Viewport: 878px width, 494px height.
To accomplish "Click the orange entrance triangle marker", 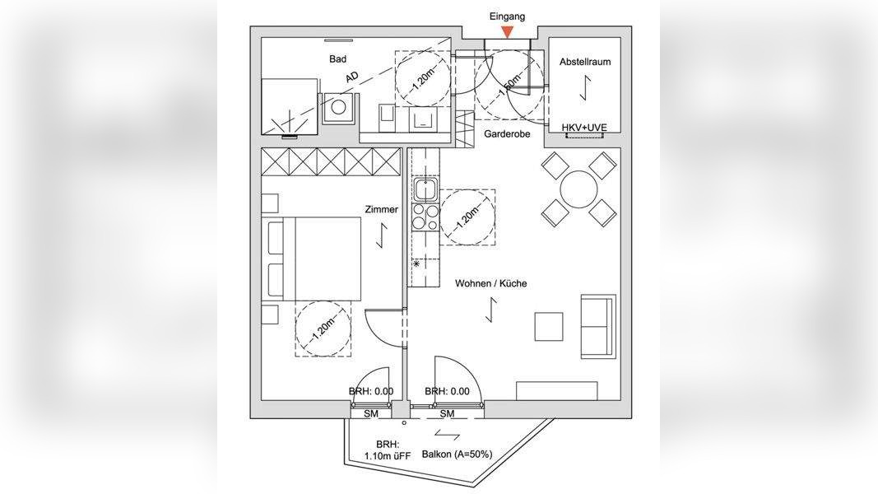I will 508,32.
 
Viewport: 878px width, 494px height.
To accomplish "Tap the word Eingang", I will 507,16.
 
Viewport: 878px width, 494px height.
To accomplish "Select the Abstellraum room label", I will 585,62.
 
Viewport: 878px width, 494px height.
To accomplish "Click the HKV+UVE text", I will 584,128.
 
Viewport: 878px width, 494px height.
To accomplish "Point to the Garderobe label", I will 507,133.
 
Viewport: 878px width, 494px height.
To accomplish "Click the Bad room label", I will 337,59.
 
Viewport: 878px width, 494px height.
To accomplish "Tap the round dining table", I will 579,189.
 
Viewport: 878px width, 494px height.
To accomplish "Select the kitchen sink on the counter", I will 425,191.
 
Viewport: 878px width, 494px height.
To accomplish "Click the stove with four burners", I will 425,217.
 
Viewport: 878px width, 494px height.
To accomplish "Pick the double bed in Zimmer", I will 317,259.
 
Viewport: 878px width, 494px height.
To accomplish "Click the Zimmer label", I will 382,210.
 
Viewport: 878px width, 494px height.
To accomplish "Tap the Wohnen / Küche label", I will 491,283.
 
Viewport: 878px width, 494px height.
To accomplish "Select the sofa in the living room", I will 598,325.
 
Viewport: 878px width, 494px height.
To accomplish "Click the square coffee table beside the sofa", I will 549,326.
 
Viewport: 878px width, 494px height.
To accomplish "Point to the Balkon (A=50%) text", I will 457,454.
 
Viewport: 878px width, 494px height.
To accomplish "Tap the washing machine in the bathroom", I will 339,107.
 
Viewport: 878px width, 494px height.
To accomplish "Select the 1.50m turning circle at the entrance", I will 509,82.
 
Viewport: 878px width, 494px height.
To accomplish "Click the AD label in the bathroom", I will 352,77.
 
